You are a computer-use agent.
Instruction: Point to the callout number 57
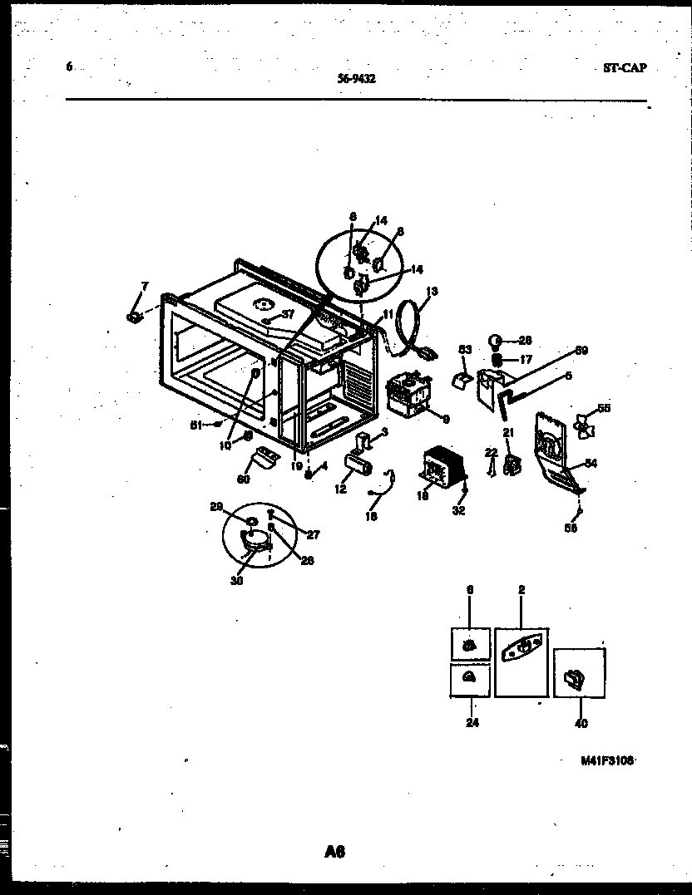[x=288, y=314]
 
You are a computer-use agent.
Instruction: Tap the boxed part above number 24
[x=468, y=679]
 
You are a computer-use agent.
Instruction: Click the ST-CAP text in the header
[x=624, y=68]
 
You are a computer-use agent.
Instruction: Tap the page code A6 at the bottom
[x=335, y=851]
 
